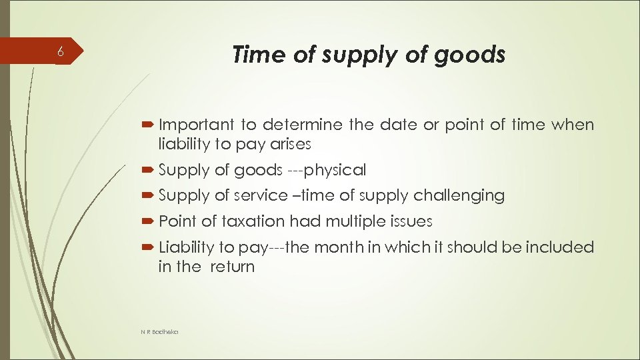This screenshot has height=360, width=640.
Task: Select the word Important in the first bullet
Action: click(x=197, y=125)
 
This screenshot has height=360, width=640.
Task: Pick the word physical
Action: click(x=335, y=171)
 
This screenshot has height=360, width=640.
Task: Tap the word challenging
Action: click(x=459, y=195)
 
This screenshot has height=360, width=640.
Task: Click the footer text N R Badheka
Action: click(x=159, y=331)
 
